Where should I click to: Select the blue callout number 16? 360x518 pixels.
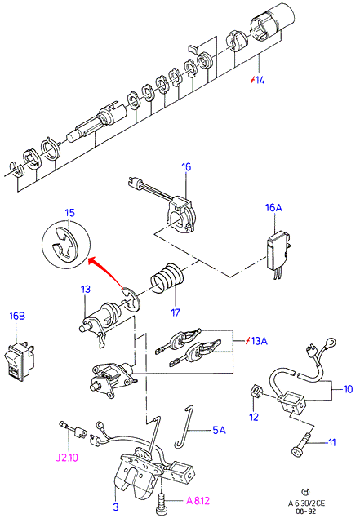[x=186, y=167]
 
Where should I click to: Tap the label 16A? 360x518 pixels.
[x=273, y=208]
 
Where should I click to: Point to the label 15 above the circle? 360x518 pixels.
[x=69, y=213]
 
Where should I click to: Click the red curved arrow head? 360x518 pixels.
[x=93, y=261]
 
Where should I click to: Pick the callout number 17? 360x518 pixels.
[x=176, y=312]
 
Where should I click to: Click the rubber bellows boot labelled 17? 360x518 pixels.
[x=167, y=278]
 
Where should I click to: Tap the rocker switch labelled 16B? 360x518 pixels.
[x=19, y=361]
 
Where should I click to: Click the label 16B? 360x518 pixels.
[x=17, y=316]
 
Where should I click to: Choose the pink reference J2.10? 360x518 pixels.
[x=67, y=458]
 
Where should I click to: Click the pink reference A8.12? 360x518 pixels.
[x=198, y=501]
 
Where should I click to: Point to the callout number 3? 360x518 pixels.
[x=116, y=507]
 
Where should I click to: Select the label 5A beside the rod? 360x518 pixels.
[x=219, y=430]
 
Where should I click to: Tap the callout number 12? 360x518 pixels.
[x=254, y=417]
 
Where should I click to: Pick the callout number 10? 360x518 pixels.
[x=349, y=389]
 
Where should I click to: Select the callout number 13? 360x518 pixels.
[x=85, y=289]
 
